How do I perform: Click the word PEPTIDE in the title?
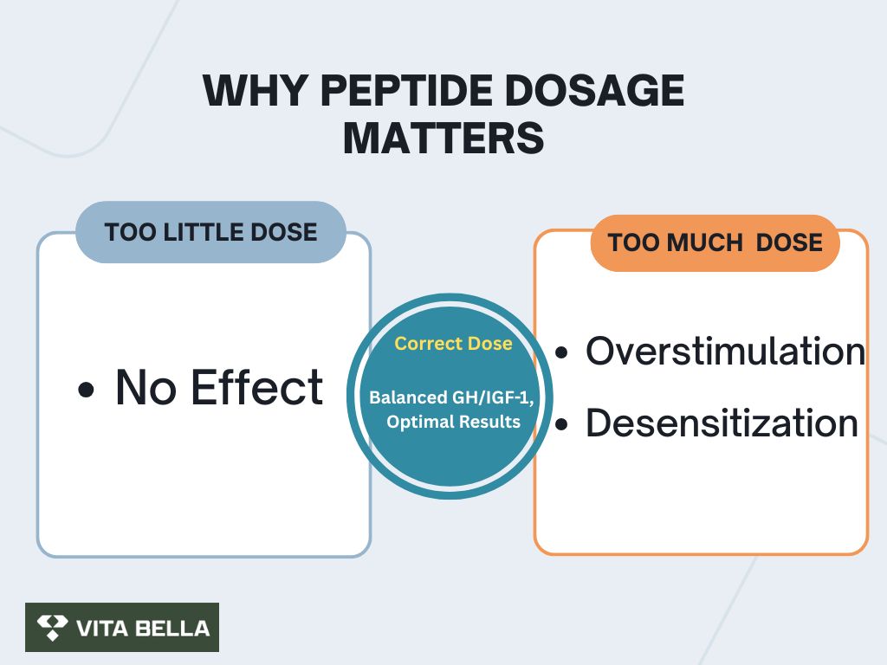[x=407, y=90]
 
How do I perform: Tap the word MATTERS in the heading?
[x=443, y=139]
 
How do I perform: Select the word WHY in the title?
[x=256, y=90]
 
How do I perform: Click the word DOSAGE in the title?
[x=594, y=90]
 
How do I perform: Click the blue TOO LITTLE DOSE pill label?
[x=210, y=232]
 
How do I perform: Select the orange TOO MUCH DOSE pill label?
[x=715, y=242]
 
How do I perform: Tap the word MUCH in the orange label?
[x=705, y=242]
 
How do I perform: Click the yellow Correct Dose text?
[x=453, y=343]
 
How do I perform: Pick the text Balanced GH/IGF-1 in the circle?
[x=450, y=397]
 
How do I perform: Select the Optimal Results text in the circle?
[x=453, y=422]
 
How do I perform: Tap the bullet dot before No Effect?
[x=86, y=390]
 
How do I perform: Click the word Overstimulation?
[x=725, y=352]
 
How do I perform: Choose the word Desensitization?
[x=722, y=423]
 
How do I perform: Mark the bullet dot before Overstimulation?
[x=561, y=353]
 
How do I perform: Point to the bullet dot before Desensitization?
[x=561, y=424]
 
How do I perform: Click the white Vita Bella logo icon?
[x=52, y=627]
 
